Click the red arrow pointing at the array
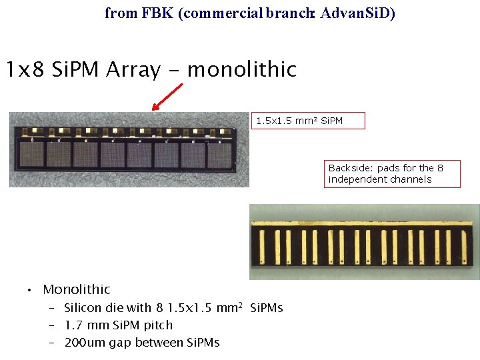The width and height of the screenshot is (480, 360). (x=167, y=96)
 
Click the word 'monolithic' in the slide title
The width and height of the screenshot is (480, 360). (x=241, y=69)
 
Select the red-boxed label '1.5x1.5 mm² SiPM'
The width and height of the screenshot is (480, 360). (x=309, y=121)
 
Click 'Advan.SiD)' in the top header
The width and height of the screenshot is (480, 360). (x=358, y=13)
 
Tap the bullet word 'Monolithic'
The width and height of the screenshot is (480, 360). (x=77, y=289)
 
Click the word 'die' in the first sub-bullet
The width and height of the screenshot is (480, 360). (x=116, y=308)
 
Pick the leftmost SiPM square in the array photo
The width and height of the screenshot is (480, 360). (x=31, y=155)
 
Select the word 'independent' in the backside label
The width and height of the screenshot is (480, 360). (x=356, y=179)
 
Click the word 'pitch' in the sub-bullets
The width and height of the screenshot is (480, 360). (x=158, y=325)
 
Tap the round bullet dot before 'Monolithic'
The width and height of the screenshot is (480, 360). (x=29, y=291)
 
